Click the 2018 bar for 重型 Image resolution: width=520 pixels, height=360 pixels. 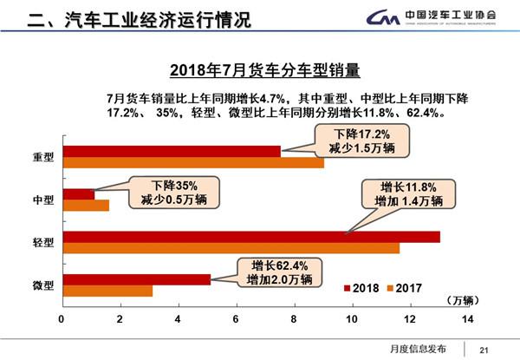pos(171,151)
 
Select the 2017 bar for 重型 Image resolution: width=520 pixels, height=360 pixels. pos(192,162)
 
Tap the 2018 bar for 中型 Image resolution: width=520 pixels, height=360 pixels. pos(78,194)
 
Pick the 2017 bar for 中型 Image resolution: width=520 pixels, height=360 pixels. pos(85,206)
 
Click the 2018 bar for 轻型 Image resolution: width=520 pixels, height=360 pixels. pos(250,237)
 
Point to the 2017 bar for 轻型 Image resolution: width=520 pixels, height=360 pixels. pos(231,248)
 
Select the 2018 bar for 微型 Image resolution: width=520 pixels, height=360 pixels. pos(136,279)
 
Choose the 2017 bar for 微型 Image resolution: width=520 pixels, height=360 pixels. pos(107,291)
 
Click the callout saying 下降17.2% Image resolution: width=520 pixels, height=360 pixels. pos(363,142)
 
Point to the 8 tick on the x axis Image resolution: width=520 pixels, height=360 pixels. pos(294,320)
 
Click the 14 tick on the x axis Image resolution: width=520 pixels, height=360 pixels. pos(468,320)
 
